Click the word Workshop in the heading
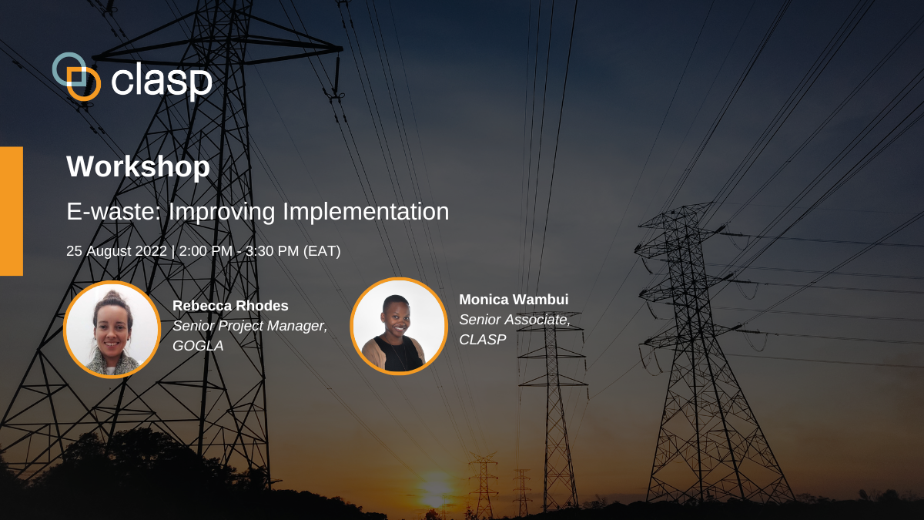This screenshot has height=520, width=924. pos(138,167)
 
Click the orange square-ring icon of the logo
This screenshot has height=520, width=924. pos(84,84)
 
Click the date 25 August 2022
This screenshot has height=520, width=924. pos(116,251)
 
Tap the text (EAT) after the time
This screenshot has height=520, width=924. pos(320,251)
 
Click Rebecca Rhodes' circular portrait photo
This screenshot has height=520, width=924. pos(112,329)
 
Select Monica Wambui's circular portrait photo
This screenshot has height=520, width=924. pos(399,326)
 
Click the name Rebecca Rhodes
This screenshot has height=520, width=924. pos(230,306)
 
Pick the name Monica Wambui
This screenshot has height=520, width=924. pos(514,300)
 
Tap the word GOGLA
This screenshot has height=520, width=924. pos(198,346)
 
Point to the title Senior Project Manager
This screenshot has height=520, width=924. pos(249,326)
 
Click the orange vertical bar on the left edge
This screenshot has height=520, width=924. pos(11,210)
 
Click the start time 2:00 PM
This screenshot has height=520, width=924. pos(204,251)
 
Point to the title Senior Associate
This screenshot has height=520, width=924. pos(514,320)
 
